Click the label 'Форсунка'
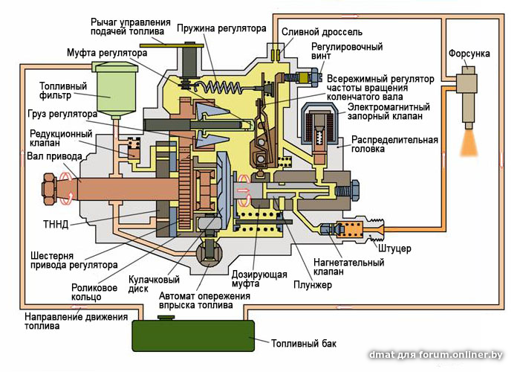[x=468, y=54]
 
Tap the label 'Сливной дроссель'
[x=322, y=33]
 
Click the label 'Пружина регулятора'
[x=221, y=28]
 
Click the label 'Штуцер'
[x=394, y=247]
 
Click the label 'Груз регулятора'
[x=64, y=115]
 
